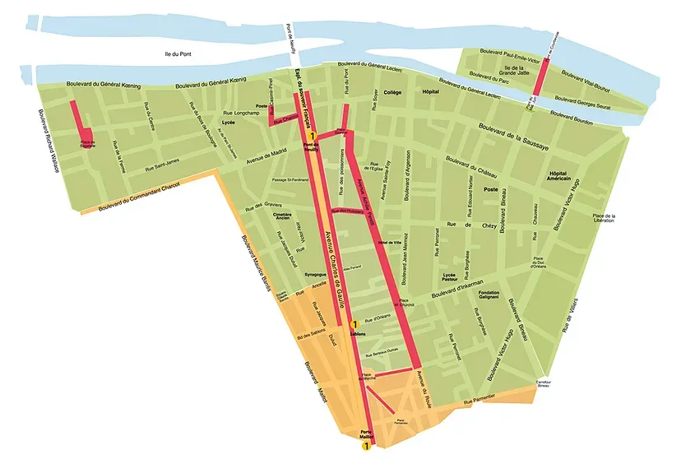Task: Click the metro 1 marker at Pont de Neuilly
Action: (x=313, y=136)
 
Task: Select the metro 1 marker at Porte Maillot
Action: (x=366, y=446)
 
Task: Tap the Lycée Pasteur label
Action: (x=449, y=279)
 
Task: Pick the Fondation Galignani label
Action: (x=489, y=296)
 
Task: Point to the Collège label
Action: (x=391, y=93)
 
